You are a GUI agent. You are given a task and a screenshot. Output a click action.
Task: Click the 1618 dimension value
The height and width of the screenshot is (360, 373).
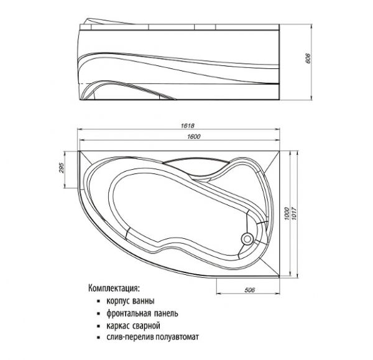[188, 126]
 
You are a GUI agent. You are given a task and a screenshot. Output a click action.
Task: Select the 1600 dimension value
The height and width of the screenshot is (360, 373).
[194, 137]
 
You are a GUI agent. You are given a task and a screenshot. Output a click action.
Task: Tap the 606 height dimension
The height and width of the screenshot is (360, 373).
[308, 58]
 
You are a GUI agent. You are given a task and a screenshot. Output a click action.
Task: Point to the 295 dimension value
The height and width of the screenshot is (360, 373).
[61, 168]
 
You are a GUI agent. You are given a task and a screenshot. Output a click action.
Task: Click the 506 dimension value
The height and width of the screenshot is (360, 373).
[249, 290]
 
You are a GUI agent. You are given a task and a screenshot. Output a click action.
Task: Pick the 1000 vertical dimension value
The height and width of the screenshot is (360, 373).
[287, 213]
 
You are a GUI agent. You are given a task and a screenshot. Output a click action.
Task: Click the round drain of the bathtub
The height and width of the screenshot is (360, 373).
[247, 239]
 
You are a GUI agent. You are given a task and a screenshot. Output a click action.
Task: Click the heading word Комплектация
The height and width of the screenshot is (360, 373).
[113, 288]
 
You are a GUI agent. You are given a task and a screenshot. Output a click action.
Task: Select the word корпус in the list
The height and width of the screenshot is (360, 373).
[117, 301]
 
